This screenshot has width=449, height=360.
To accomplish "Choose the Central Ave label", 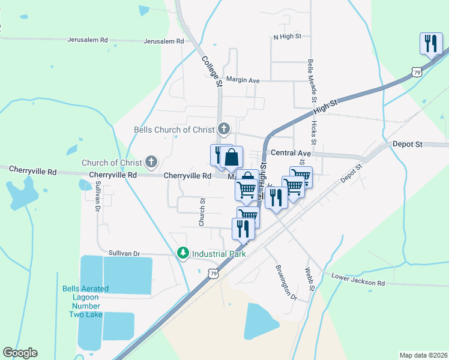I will coord(291,154).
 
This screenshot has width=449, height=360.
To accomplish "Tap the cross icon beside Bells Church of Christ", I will coord(224,128).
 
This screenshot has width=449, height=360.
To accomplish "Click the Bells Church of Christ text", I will coord(174,130).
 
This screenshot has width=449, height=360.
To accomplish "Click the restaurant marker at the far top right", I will coord(431,43).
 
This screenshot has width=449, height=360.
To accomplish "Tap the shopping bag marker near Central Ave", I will coord(231,158).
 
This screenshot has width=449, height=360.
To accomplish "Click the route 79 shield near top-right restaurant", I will coord(417,71).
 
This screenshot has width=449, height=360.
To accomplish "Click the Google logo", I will coord(20,353).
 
